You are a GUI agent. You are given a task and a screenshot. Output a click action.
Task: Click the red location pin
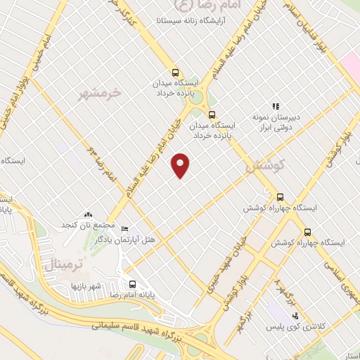[x=181, y=165]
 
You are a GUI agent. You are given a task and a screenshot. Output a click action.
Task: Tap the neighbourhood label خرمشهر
[x=100, y=92]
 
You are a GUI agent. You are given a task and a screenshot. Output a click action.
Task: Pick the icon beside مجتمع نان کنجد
[x=88, y=214]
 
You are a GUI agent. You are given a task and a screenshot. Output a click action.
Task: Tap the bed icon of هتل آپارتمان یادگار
[x=125, y=229]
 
